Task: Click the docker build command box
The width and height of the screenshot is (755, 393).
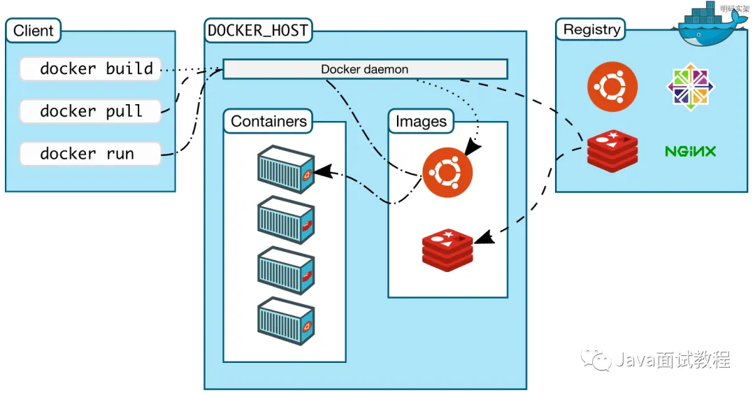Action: coord(90,69)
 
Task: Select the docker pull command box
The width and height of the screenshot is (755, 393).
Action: coord(90,111)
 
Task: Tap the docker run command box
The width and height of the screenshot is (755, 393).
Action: coord(90,154)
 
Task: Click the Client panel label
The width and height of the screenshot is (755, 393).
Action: coord(33,31)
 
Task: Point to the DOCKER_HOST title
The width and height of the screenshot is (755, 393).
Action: coord(259,30)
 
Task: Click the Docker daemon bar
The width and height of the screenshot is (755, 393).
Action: coord(365,69)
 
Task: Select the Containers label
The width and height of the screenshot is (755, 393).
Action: coord(268,121)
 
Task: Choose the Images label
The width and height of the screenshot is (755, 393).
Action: coord(421,121)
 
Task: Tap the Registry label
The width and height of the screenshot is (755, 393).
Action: coord(591,29)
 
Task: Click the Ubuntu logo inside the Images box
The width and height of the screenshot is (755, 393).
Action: coord(447,172)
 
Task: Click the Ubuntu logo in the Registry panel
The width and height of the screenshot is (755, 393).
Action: coord(612,87)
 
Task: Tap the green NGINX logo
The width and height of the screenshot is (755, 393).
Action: coord(691,151)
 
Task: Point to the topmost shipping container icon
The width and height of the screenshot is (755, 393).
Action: coord(285,169)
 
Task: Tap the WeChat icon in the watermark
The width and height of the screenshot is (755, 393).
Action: coord(598,359)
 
